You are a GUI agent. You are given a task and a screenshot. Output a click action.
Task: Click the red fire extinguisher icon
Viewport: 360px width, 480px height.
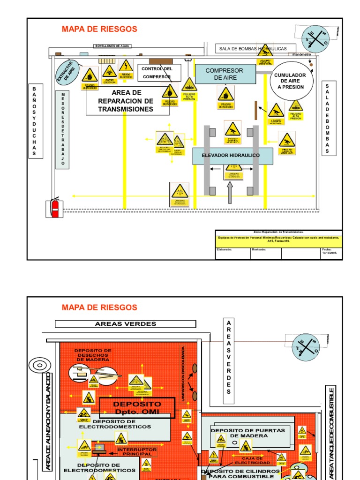(55, 207)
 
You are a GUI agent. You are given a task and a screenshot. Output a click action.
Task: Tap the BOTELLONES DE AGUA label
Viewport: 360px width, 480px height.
(112, 46)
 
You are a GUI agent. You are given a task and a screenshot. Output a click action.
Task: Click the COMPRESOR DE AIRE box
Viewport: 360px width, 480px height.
(225, 74)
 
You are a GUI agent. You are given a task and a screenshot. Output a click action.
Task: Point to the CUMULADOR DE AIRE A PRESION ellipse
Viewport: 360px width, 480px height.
(290, 81)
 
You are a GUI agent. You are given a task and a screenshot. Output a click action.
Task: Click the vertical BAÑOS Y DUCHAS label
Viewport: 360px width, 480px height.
(34, 121)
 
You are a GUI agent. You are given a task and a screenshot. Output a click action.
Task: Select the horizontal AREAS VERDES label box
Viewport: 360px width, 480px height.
(126, 324)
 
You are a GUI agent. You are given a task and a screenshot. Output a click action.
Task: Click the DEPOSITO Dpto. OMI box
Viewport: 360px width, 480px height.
(137, 407)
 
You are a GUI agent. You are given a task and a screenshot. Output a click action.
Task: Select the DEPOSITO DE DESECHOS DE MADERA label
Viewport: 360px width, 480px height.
(93, 355)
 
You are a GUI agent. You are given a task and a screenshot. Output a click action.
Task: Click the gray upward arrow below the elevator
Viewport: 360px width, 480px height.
(230, 193)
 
